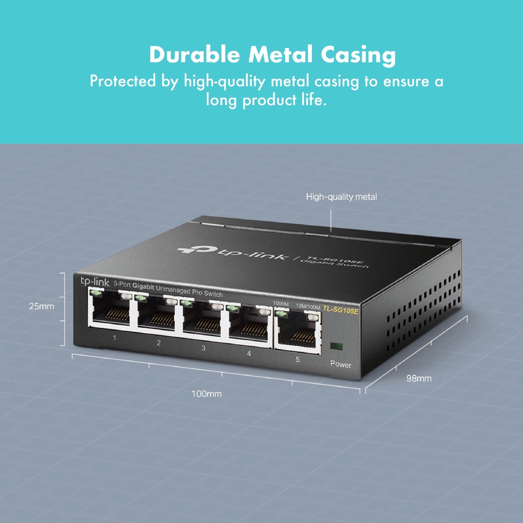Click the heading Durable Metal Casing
(x=272, y=55)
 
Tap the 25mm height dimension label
(x=41, y=306)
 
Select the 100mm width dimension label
(x=206, y=394)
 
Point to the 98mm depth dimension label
(x=419, y=378)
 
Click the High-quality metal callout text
(x=341, y=197)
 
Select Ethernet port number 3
(x=202, y=320)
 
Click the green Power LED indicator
(x=337, y=346)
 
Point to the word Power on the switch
(x=341, y=365)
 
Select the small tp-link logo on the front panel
(x=92, y=281)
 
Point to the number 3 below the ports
(x=203, y=348)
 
